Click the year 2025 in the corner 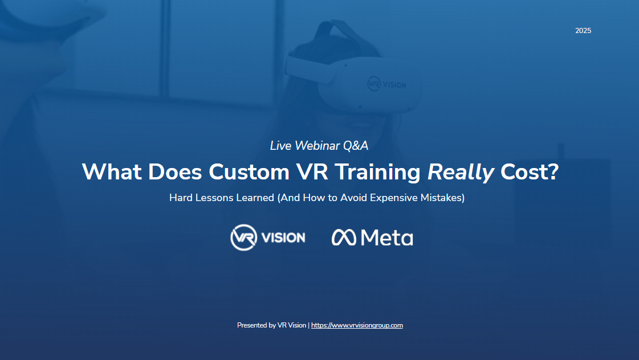[x=583, y=31]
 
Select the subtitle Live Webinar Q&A [x=319, y=146]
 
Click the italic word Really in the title [x=461, y=172]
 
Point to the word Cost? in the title [x=530, y=172]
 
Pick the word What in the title [x=112, y=172]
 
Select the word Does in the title [x=173, y=172]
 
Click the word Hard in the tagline [x=181, y=199]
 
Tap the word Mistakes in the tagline [x=443, y=199]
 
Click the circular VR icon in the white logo [x=243, y=238]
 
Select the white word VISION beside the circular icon [x=283, y=238]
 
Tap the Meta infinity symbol [x=344, y=238]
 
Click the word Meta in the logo [x=387, y=238]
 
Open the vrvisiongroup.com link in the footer [x=357, y=325]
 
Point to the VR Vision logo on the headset [x=386, y=84]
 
